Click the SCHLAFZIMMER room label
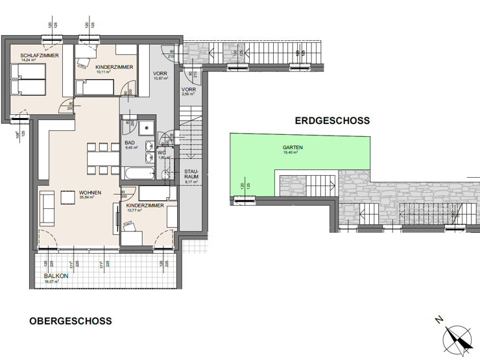(x=31, y=56)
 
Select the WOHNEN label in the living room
(x=90, y=192)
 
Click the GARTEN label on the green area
(x=293, y=147)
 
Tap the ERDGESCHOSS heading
(x=332, y=121)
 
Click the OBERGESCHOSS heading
(x=70, y=321)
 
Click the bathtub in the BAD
(x=138, y=173)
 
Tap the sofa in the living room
(x=46, y=208)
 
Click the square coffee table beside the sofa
(x=68, y=197)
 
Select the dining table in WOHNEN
(x=101, y=158)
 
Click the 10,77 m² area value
(x=134, y=210)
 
